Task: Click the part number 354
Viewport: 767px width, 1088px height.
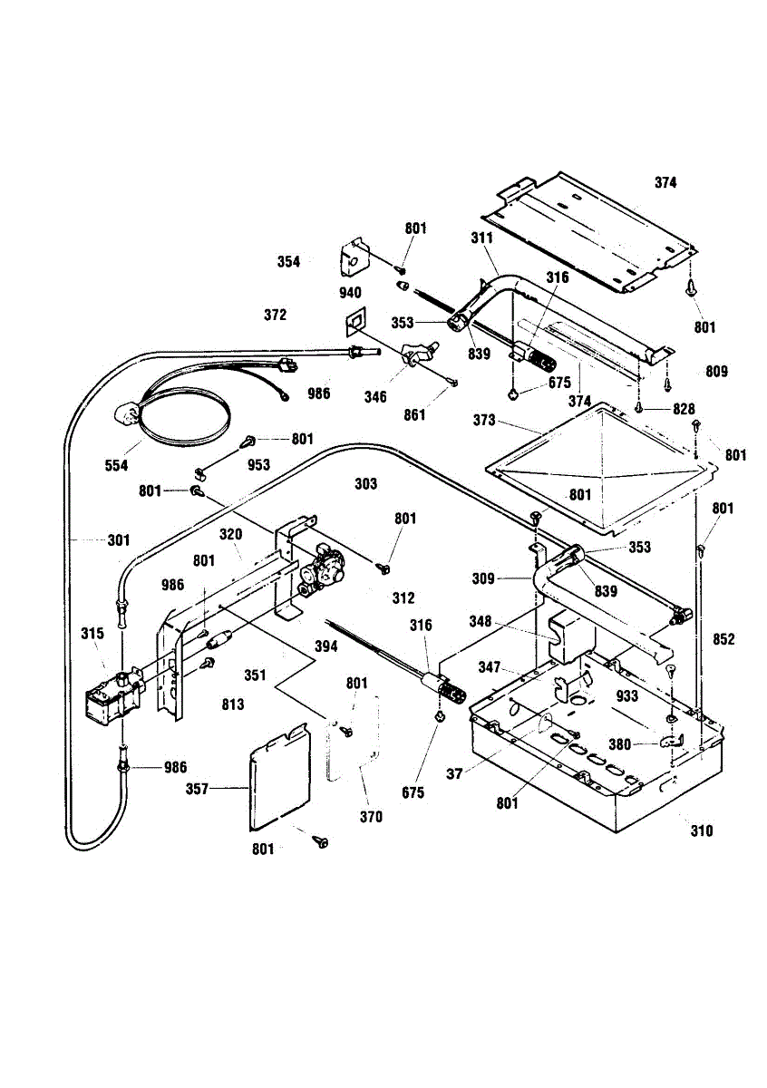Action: pyautogui.click(x=288, y=262)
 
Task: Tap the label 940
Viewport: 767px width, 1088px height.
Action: pyautogui.click(x=350, y=292)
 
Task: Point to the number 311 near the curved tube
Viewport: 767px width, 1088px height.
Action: pyautogui.click(x=481, y=238)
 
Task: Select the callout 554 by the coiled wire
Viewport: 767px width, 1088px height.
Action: pyautogui.click(x=116, y=465)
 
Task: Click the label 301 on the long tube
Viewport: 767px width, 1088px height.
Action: pyautogui.click(x=119, y=540)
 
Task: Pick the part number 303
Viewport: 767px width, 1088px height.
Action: pyautogui.click(x=365, y=484)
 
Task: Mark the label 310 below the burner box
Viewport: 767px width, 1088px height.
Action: pyautogui.click(x=701, y=831)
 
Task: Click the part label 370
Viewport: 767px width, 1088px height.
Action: pyautogui.click(x=370, y=817)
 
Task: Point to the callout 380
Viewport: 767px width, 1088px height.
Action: pyautogui.click(x=619, y=745)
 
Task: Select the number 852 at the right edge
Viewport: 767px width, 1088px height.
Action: pyautogui.click(x=723, y=638)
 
